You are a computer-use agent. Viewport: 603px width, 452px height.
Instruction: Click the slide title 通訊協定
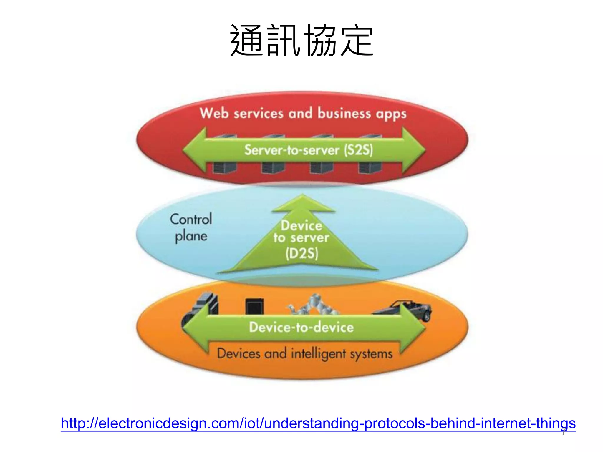pyautogui.click(x=301, y=40)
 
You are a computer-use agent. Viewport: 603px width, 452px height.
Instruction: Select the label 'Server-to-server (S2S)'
pyautogui.click(x=309, y=150)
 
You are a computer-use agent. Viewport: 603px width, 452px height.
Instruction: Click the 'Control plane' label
pyautogui.click(x=191, y=227)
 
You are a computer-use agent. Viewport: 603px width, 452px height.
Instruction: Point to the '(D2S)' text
pyautogui.click(x=302, y=253)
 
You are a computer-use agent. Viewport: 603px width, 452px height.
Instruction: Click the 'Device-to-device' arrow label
pyautogui.click(x=301, y=327)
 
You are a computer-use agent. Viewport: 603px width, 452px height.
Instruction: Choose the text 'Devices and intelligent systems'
pyautogui.click(x=305, y=353)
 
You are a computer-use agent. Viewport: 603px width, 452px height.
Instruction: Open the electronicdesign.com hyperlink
pyautogui.click(x=318, y=423)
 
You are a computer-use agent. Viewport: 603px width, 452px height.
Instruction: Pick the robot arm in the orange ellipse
pyautogui.click(x=314, y=305)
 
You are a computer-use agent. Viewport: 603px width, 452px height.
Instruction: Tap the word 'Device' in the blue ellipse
pyautogui.click(x=301, y=226)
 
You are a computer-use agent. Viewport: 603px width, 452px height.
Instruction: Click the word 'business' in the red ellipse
pyautogui.click(x=344, y=114)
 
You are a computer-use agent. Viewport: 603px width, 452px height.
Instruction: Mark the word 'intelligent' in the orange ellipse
pyautogui.click(x=318, y=354)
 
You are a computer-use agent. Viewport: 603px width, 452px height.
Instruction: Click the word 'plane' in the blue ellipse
pyautogui.click(x=191, y=236)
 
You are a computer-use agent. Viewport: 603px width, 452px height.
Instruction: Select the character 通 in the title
pyautogui.click(x=247, y=40)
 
